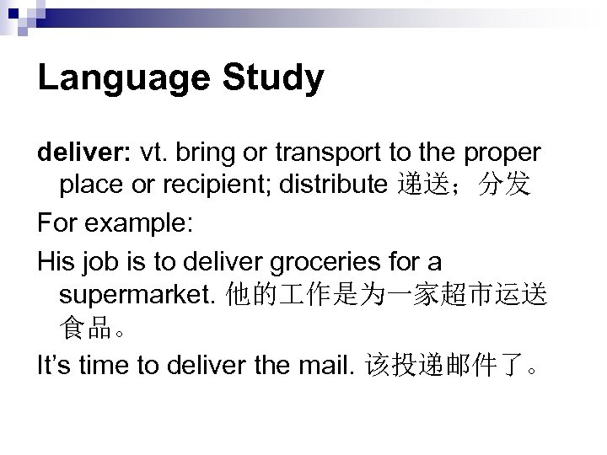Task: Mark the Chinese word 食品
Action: [x=86, y=329]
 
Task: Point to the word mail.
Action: [x=327, y=367]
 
